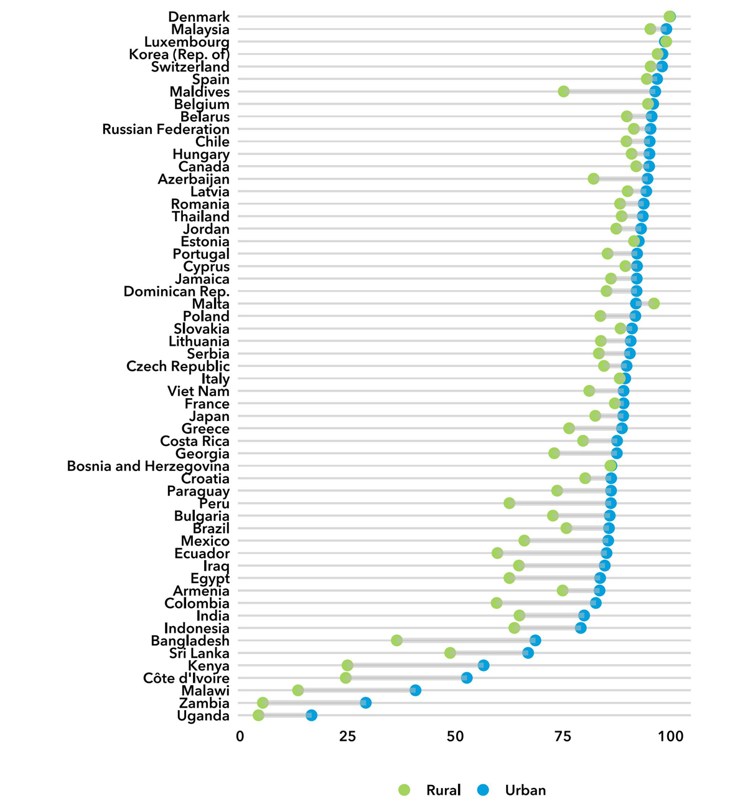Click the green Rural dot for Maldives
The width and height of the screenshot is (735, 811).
point(564,92)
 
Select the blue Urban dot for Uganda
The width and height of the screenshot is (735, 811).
point(311,715)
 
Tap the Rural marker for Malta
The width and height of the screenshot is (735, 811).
point(653,303)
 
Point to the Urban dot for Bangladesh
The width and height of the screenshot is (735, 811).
point(535,640)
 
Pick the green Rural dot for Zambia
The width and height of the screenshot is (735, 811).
point(263,703)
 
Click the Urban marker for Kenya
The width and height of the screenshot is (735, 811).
point(484,665)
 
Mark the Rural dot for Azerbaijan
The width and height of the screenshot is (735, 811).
point(594,179)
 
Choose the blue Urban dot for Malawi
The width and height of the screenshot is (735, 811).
point(415,690)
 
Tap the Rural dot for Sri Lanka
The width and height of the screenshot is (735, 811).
point(450,653)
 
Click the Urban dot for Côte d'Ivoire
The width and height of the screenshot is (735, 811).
point(467,678)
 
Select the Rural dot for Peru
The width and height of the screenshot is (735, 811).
point(509,503)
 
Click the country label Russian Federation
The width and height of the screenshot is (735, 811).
point(166,129)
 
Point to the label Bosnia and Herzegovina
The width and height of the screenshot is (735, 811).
point(148,466)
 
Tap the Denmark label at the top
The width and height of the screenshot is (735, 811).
point(199,17)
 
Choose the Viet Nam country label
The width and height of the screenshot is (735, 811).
point(198,391)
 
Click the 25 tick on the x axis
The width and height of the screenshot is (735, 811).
point(347,736)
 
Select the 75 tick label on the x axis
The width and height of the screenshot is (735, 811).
point(563,736)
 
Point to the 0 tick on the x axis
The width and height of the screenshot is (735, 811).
point(240,736)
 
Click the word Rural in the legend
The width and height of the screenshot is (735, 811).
point(443,790)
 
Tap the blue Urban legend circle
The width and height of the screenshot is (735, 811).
point(483,790)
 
